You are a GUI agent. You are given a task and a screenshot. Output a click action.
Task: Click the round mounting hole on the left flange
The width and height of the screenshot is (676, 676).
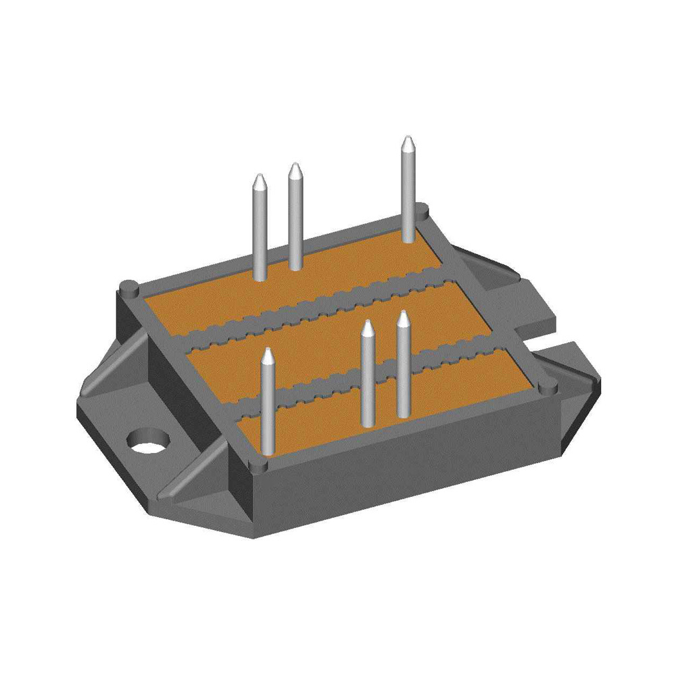coord(147,441)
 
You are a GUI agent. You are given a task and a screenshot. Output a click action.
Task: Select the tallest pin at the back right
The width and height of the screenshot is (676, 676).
coord(408,196)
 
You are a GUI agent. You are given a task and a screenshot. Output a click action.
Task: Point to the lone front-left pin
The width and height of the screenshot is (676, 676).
coord(268,406)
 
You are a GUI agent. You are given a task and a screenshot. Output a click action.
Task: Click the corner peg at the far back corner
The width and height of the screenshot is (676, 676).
coord(421,211)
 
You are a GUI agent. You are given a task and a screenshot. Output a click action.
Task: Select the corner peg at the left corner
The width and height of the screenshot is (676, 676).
coord(128,287)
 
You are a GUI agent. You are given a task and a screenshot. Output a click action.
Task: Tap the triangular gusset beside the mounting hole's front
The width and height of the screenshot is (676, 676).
coord(196,473)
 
